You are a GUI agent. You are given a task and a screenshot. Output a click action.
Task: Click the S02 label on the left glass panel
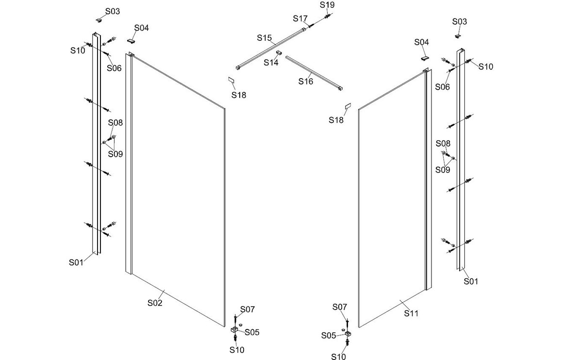point(154,303)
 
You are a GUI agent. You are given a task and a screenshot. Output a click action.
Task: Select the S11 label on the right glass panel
point(411,313)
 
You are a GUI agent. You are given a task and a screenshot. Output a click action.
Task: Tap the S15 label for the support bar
point(265,38)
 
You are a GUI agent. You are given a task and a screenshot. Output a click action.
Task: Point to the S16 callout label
point(306,82)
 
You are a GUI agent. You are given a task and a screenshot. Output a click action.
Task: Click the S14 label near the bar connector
point(271,63)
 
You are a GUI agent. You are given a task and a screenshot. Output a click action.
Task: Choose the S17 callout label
point(300,19)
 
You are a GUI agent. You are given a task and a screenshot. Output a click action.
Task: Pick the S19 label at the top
point(327,5)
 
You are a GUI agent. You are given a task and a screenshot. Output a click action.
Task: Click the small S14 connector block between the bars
point(279,52)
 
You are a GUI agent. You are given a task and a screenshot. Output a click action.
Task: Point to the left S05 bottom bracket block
point(234,330)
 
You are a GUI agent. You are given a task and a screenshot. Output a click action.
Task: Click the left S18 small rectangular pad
point(231,80)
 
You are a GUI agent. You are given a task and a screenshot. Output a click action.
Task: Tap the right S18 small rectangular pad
point(347,106)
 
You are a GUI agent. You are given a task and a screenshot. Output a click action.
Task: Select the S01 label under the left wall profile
point(76,262)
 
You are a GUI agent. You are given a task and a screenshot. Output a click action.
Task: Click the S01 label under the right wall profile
point(471,281)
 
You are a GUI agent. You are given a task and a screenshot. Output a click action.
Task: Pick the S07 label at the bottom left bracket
point(247,309)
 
